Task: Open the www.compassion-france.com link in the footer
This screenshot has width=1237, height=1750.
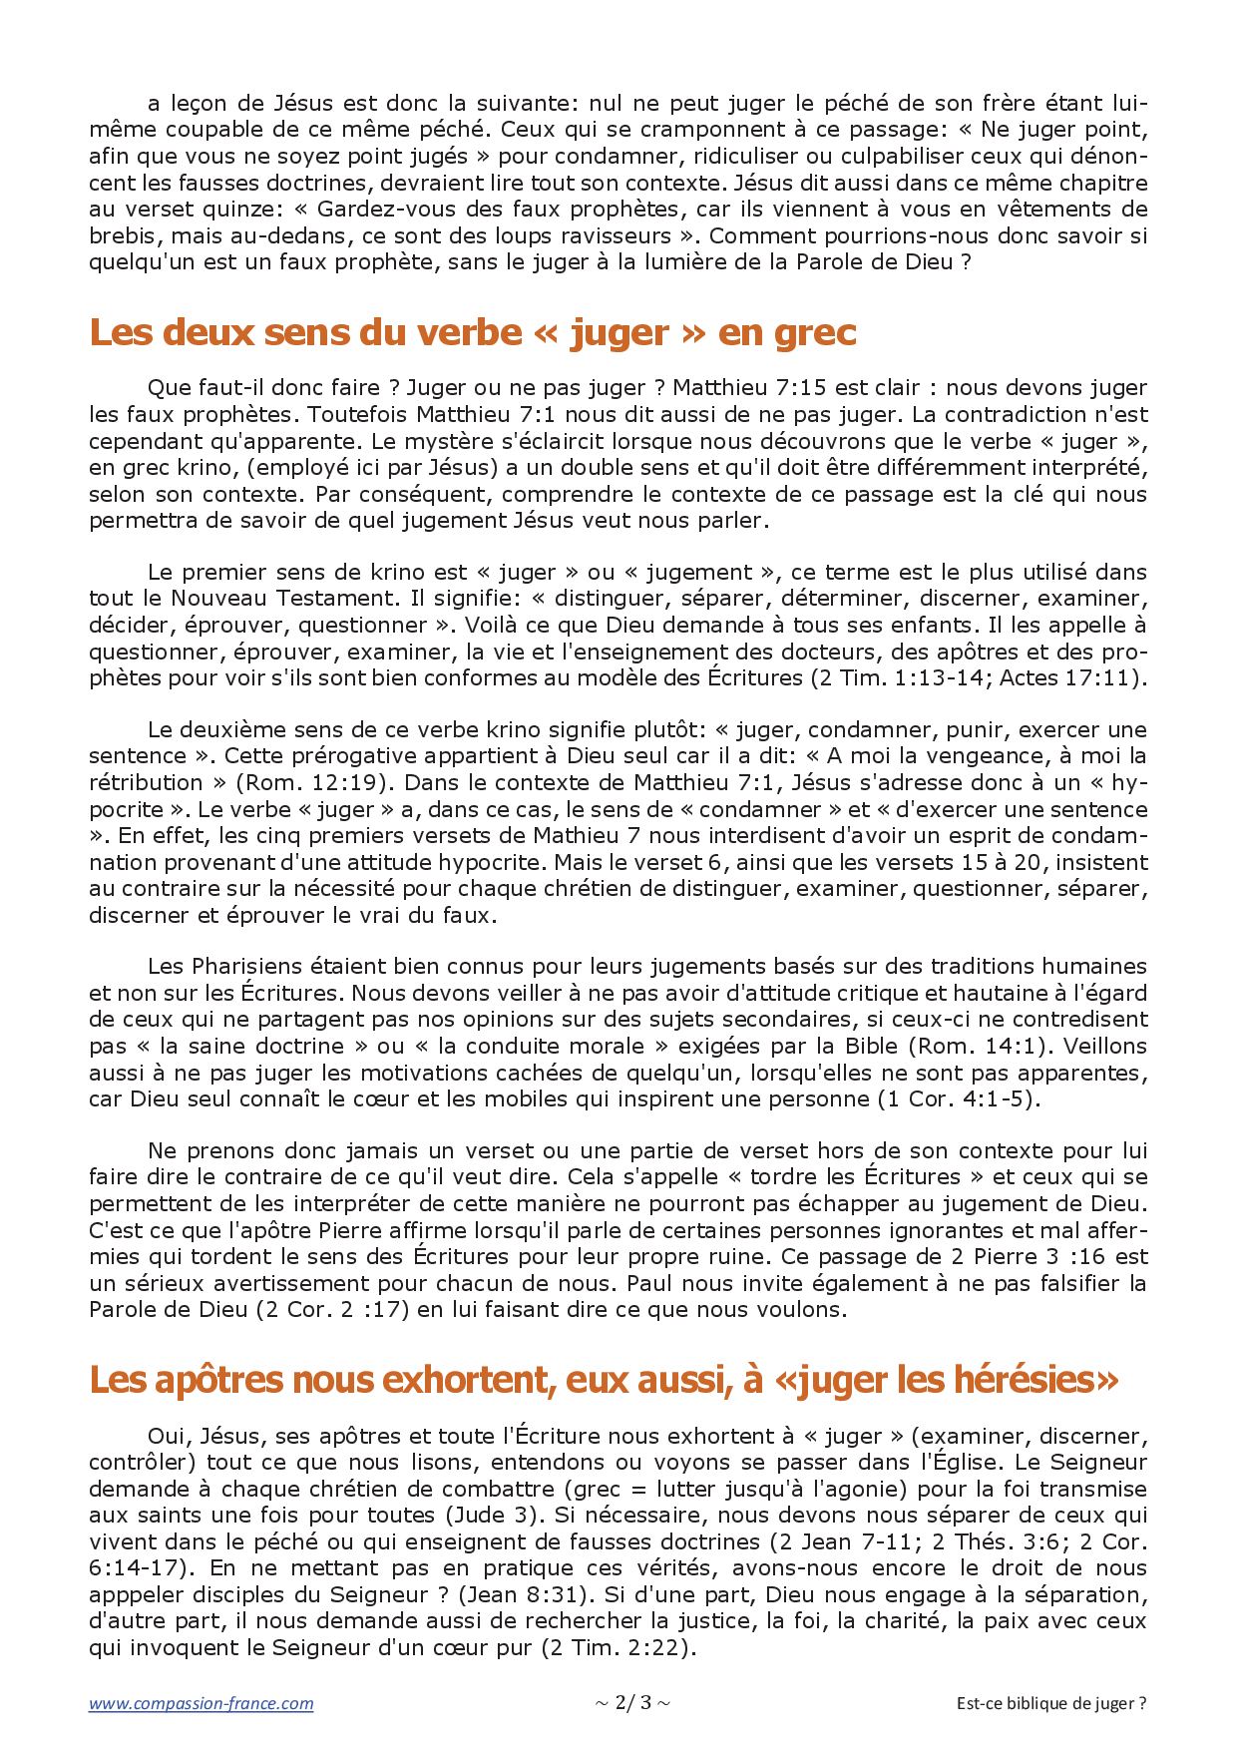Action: pos(202,1703)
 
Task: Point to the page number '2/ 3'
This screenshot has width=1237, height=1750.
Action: pos(632,1702)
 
